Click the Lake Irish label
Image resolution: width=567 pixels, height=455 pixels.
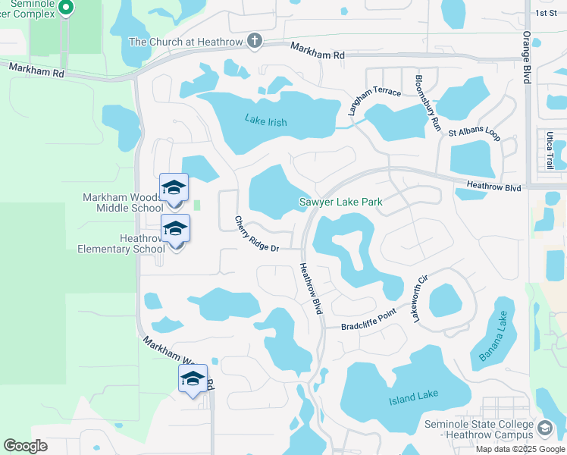pos(267,119)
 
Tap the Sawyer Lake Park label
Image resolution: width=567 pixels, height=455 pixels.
pos(340,202)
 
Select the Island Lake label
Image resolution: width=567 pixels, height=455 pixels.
pos(414,400)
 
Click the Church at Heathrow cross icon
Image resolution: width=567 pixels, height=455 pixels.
pos(255,41)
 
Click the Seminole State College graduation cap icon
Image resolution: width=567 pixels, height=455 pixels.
pos(544,429)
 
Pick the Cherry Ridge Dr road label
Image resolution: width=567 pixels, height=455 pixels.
pos(258,234)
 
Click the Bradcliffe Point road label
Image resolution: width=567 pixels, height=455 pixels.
pos(368,321)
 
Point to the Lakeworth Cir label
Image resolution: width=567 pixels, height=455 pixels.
pos(421,298)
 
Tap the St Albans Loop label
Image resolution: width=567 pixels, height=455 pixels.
pos(474,133)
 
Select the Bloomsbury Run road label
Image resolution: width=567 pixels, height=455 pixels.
pos(428,103)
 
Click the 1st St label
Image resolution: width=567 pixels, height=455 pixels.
pos(545,13)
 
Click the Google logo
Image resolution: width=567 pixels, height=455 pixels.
pos(25,446)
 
